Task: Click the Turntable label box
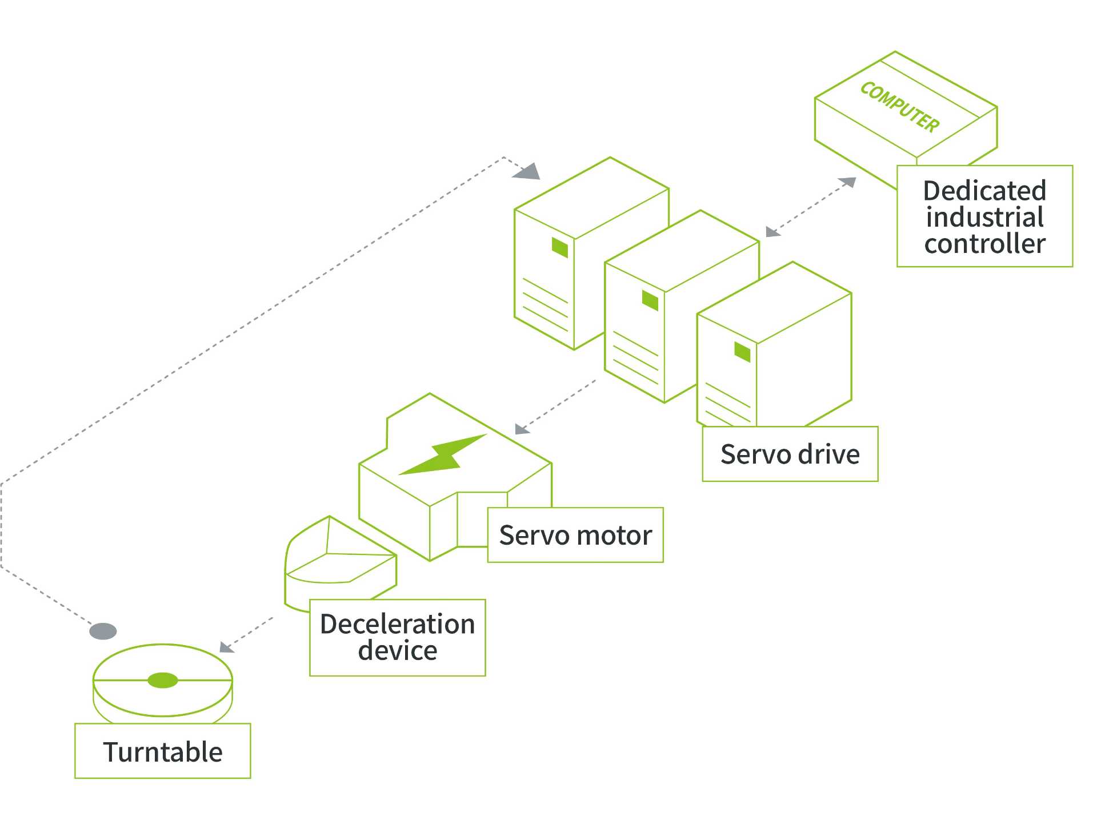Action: [x=162, y=751]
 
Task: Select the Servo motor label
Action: [x=575, y=535]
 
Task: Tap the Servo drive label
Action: [x=790, y=454]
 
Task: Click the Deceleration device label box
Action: [x=397, y=637]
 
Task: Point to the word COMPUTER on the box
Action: [x=900, y=107]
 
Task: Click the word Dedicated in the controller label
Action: [x=984, y=191]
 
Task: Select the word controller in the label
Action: [x=984, y=244]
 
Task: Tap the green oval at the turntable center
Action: [x=163, y=680]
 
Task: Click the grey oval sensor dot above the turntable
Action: [x=103, y=631]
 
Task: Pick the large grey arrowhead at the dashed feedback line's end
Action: [x=527, y=171]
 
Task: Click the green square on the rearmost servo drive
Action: [x=560, y=248]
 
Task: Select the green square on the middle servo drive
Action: [x=650, y=300]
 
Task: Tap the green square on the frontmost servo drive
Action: [x=742, y=352]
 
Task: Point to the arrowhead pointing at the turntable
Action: [x=226, y=647]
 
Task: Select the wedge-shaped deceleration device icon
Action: [x=337, y=562]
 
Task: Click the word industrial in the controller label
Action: [x=984, y=218]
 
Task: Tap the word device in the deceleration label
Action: [x=397, y=651]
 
